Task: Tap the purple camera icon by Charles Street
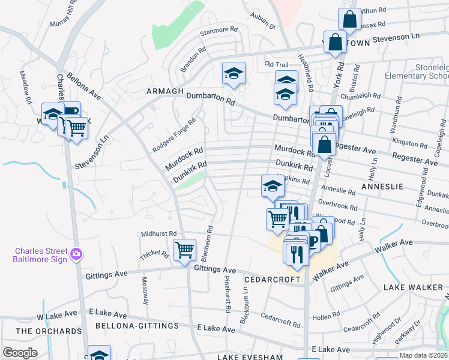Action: (x=76, y=254)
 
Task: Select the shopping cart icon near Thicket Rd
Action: (x=184, y=249)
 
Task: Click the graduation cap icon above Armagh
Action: (x=234, y=74)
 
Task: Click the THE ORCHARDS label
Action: (x=49, y=331)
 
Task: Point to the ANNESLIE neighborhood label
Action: (x=382, y=187)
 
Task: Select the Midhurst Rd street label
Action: (x=158, y=233)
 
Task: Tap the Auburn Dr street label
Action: (x=264, y=23)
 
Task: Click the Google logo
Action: (x=19, y=352)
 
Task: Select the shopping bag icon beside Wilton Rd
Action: (x=349, y=20)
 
